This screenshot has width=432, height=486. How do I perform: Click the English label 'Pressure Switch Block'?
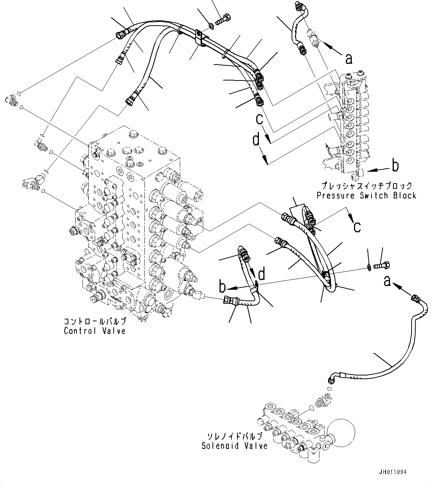point(366,196)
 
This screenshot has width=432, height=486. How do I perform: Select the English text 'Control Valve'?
point(95,331)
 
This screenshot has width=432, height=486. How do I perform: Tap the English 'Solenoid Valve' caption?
point(234,446)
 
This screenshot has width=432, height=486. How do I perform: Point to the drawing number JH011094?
point(393,472)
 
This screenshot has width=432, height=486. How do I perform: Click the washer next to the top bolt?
point(211,25)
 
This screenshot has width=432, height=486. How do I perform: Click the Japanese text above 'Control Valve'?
point(95,321)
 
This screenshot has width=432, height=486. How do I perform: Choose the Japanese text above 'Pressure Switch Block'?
point(366,185)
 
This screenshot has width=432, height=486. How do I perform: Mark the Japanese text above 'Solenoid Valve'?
point(234,436)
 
